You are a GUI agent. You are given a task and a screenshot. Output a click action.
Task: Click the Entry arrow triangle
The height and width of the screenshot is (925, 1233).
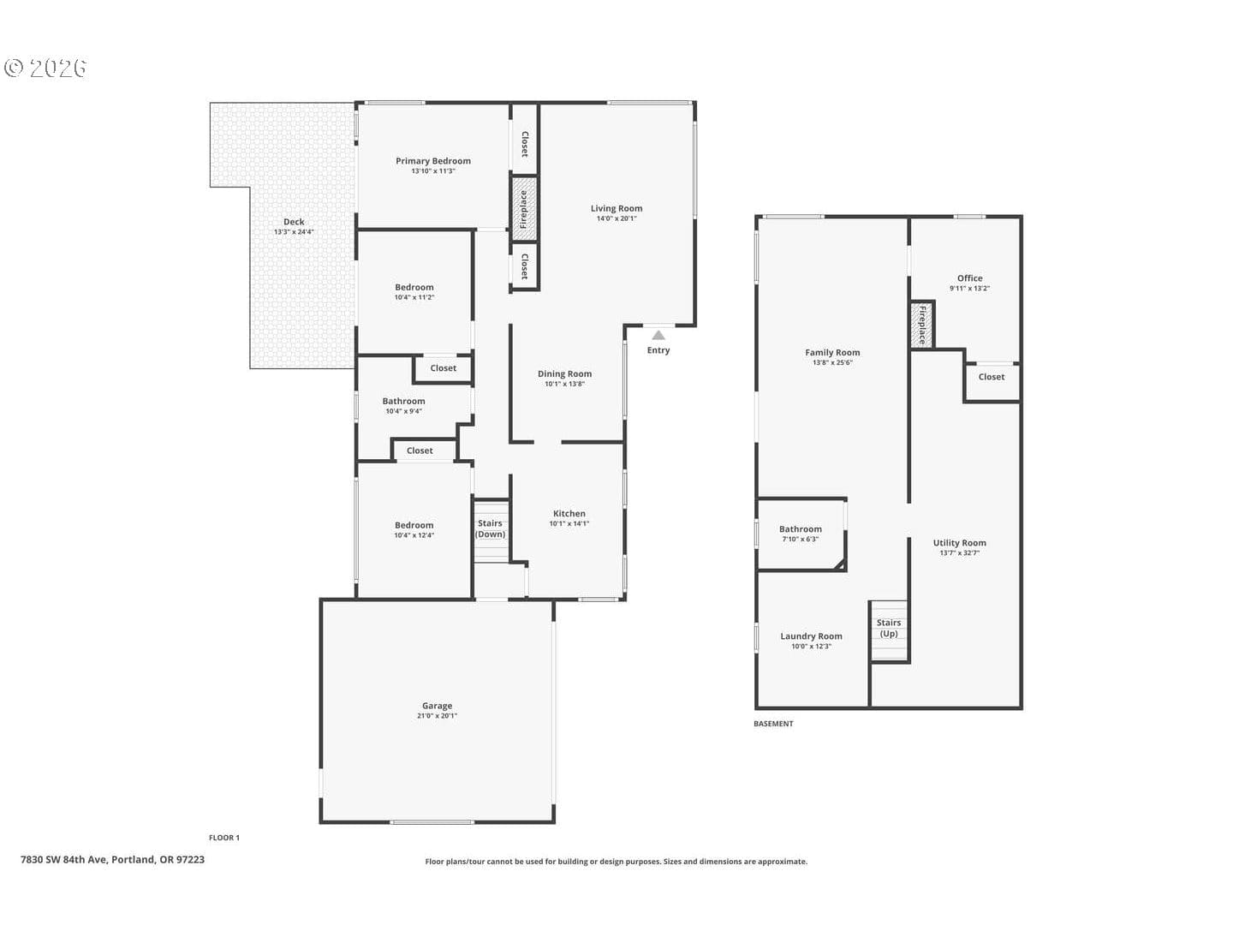click(x=658, y=335)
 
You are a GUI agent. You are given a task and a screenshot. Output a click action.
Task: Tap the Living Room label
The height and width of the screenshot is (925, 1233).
click(x=616, y=208)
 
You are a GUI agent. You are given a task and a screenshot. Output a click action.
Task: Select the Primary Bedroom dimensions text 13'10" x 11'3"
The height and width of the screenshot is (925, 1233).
click(x=433, y=171)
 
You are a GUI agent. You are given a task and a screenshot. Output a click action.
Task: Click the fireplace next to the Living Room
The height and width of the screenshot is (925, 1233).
click(x=524, y=209)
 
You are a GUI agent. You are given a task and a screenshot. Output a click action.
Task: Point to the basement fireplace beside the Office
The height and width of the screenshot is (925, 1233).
click(x=922, y=325)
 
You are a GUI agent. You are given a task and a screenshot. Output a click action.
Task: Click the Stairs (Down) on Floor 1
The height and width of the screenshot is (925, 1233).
click(x=491, y=530)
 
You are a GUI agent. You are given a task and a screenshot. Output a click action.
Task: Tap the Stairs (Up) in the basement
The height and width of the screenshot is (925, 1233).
click(x=889, y=630)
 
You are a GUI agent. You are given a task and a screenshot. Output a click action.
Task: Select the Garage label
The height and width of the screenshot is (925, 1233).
click(x=437, y=706)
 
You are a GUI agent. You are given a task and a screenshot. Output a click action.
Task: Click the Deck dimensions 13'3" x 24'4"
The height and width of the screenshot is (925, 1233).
click(x=294, y=232)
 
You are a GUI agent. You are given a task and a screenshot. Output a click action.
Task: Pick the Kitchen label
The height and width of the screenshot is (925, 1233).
click(x=569, y=513)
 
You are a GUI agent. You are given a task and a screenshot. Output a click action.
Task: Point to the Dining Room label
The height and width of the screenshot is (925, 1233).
click(x=564, y=374)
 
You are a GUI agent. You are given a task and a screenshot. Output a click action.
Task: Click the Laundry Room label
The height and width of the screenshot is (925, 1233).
click(x=811, y=636)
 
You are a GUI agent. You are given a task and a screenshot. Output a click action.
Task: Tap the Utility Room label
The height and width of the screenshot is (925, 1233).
click(x=960, y=543)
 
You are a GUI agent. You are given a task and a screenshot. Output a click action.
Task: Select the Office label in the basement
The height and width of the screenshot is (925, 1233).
click(x=969, y=278)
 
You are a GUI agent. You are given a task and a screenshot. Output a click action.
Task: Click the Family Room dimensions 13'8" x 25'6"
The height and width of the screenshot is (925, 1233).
click(x=832, y=363)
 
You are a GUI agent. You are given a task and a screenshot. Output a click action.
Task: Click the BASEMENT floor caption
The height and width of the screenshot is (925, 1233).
click(x=773, y=724)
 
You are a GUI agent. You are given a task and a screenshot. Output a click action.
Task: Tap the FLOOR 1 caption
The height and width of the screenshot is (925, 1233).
click(x=224, y=838)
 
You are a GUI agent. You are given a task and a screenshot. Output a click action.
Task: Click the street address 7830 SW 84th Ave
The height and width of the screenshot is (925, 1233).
click(x=63, y=860)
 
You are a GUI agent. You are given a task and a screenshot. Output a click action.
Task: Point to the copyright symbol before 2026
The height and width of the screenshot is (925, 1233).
click(x=14, y=68)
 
